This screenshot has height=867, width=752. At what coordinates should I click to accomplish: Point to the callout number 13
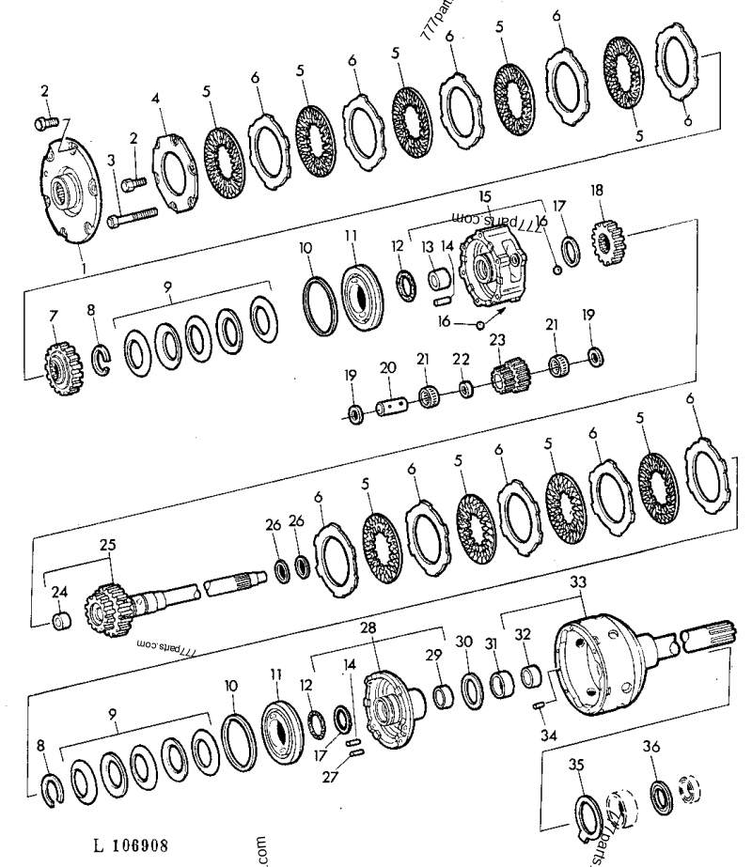pyautogui.click(x=428, y=245)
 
